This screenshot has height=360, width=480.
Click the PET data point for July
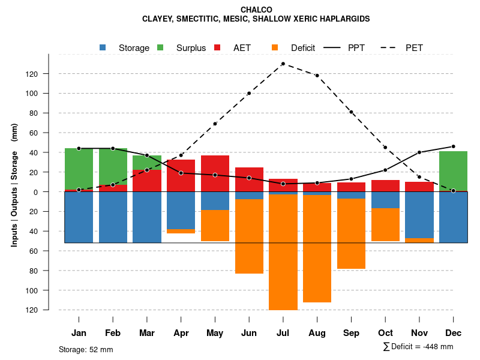pyautogui.click(x=283, y=64)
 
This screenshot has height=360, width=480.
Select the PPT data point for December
pyautogui.click(x=453, y=146)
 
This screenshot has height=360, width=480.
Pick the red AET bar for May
pyautogui.click(x=215, y=173)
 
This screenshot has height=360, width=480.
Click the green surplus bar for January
pyautogui.click(x=79, y=169)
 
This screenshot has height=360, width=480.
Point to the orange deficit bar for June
pyautogui.click(x=249, y=236)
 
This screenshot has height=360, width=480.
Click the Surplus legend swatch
pyautogui.click(x=160, y=47)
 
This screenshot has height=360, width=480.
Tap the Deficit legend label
pyautogui.click(x=303, y=48)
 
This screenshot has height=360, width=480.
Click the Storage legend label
pyautogui.click(x=134, y=48)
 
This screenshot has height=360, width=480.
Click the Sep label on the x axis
pyautogui.click(x=351, y=333)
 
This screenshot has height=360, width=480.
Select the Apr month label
pyautogui.click(x=181, y=333)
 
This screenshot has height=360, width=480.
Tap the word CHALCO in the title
pyautogui.click(x=256, y=10)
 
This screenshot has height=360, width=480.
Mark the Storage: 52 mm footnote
pyautogui.click(x=86, y=349)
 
